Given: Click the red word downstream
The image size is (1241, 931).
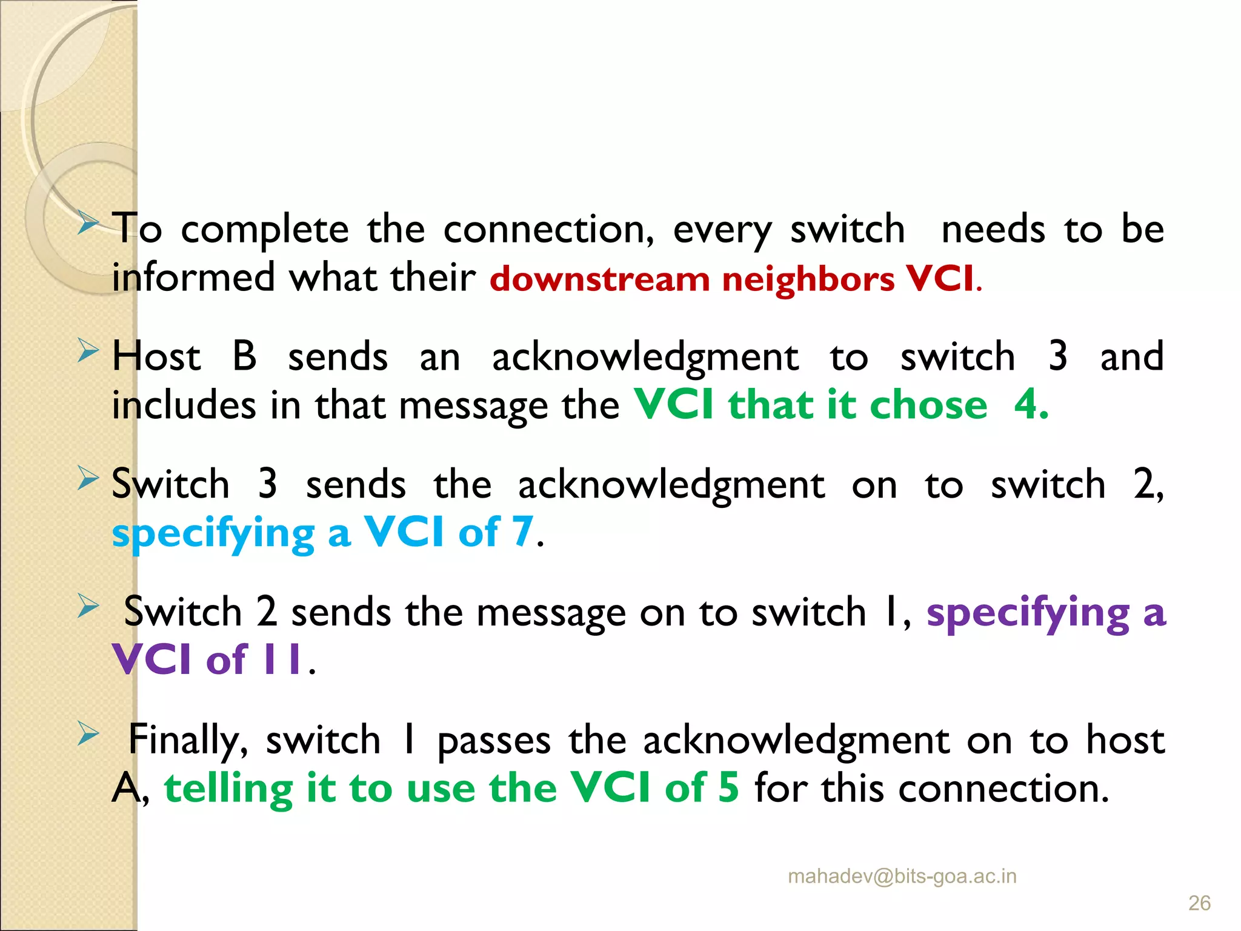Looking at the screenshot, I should tap(599, 279).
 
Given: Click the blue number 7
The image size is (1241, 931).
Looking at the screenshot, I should tap(522, 532).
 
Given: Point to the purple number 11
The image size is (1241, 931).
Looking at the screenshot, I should tap(282, 659).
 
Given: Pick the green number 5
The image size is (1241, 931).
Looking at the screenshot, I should tap(728, 788).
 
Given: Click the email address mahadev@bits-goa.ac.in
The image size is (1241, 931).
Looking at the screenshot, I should tap(902, 876).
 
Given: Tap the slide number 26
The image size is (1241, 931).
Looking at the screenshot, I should tap(1199, 903).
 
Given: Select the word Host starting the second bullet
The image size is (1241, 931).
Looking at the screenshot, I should tap(156, 356).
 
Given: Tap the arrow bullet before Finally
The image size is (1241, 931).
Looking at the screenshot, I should tap(88, 734).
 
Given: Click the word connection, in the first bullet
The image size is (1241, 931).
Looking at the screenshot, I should tap(548, 230).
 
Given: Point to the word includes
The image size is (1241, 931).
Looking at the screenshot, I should tap(184, 405).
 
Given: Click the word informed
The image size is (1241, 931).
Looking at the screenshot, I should tap(193, 278).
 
